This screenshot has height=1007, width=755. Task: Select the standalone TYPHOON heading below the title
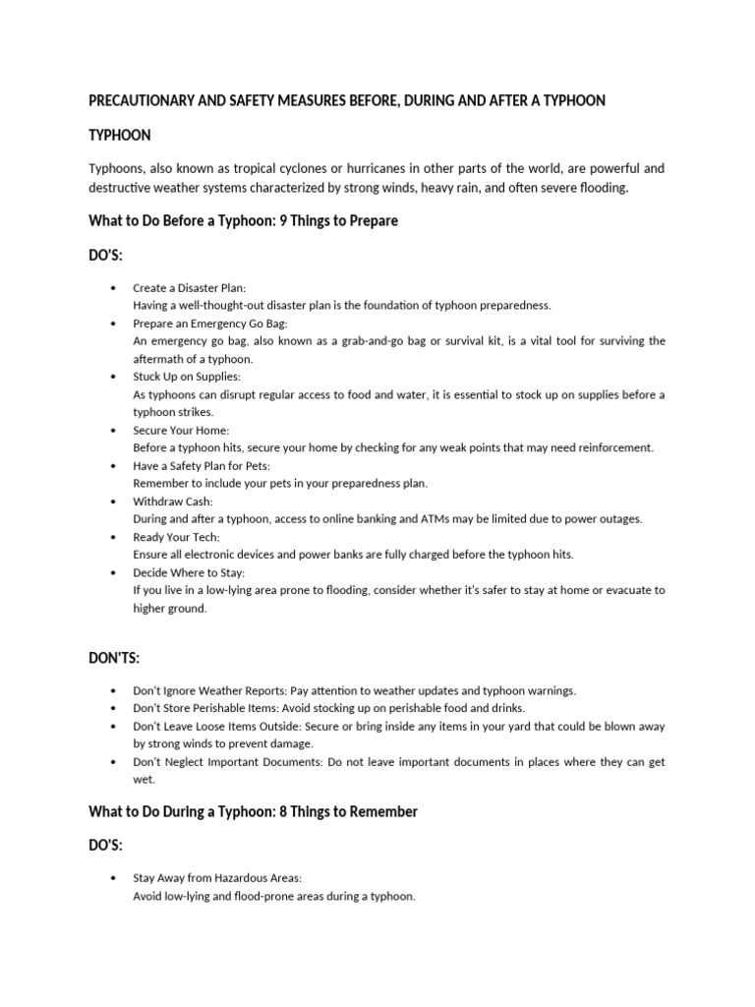(x=120, y=134)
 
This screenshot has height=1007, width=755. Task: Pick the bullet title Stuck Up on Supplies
(x=186, y=377)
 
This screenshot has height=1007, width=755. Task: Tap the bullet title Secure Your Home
(x=181, y=430)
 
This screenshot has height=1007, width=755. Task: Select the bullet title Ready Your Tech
(x=177, y=537)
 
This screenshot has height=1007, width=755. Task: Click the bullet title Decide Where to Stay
(x=189, y=572)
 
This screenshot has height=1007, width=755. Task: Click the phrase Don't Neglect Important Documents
(x=223, y=762)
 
